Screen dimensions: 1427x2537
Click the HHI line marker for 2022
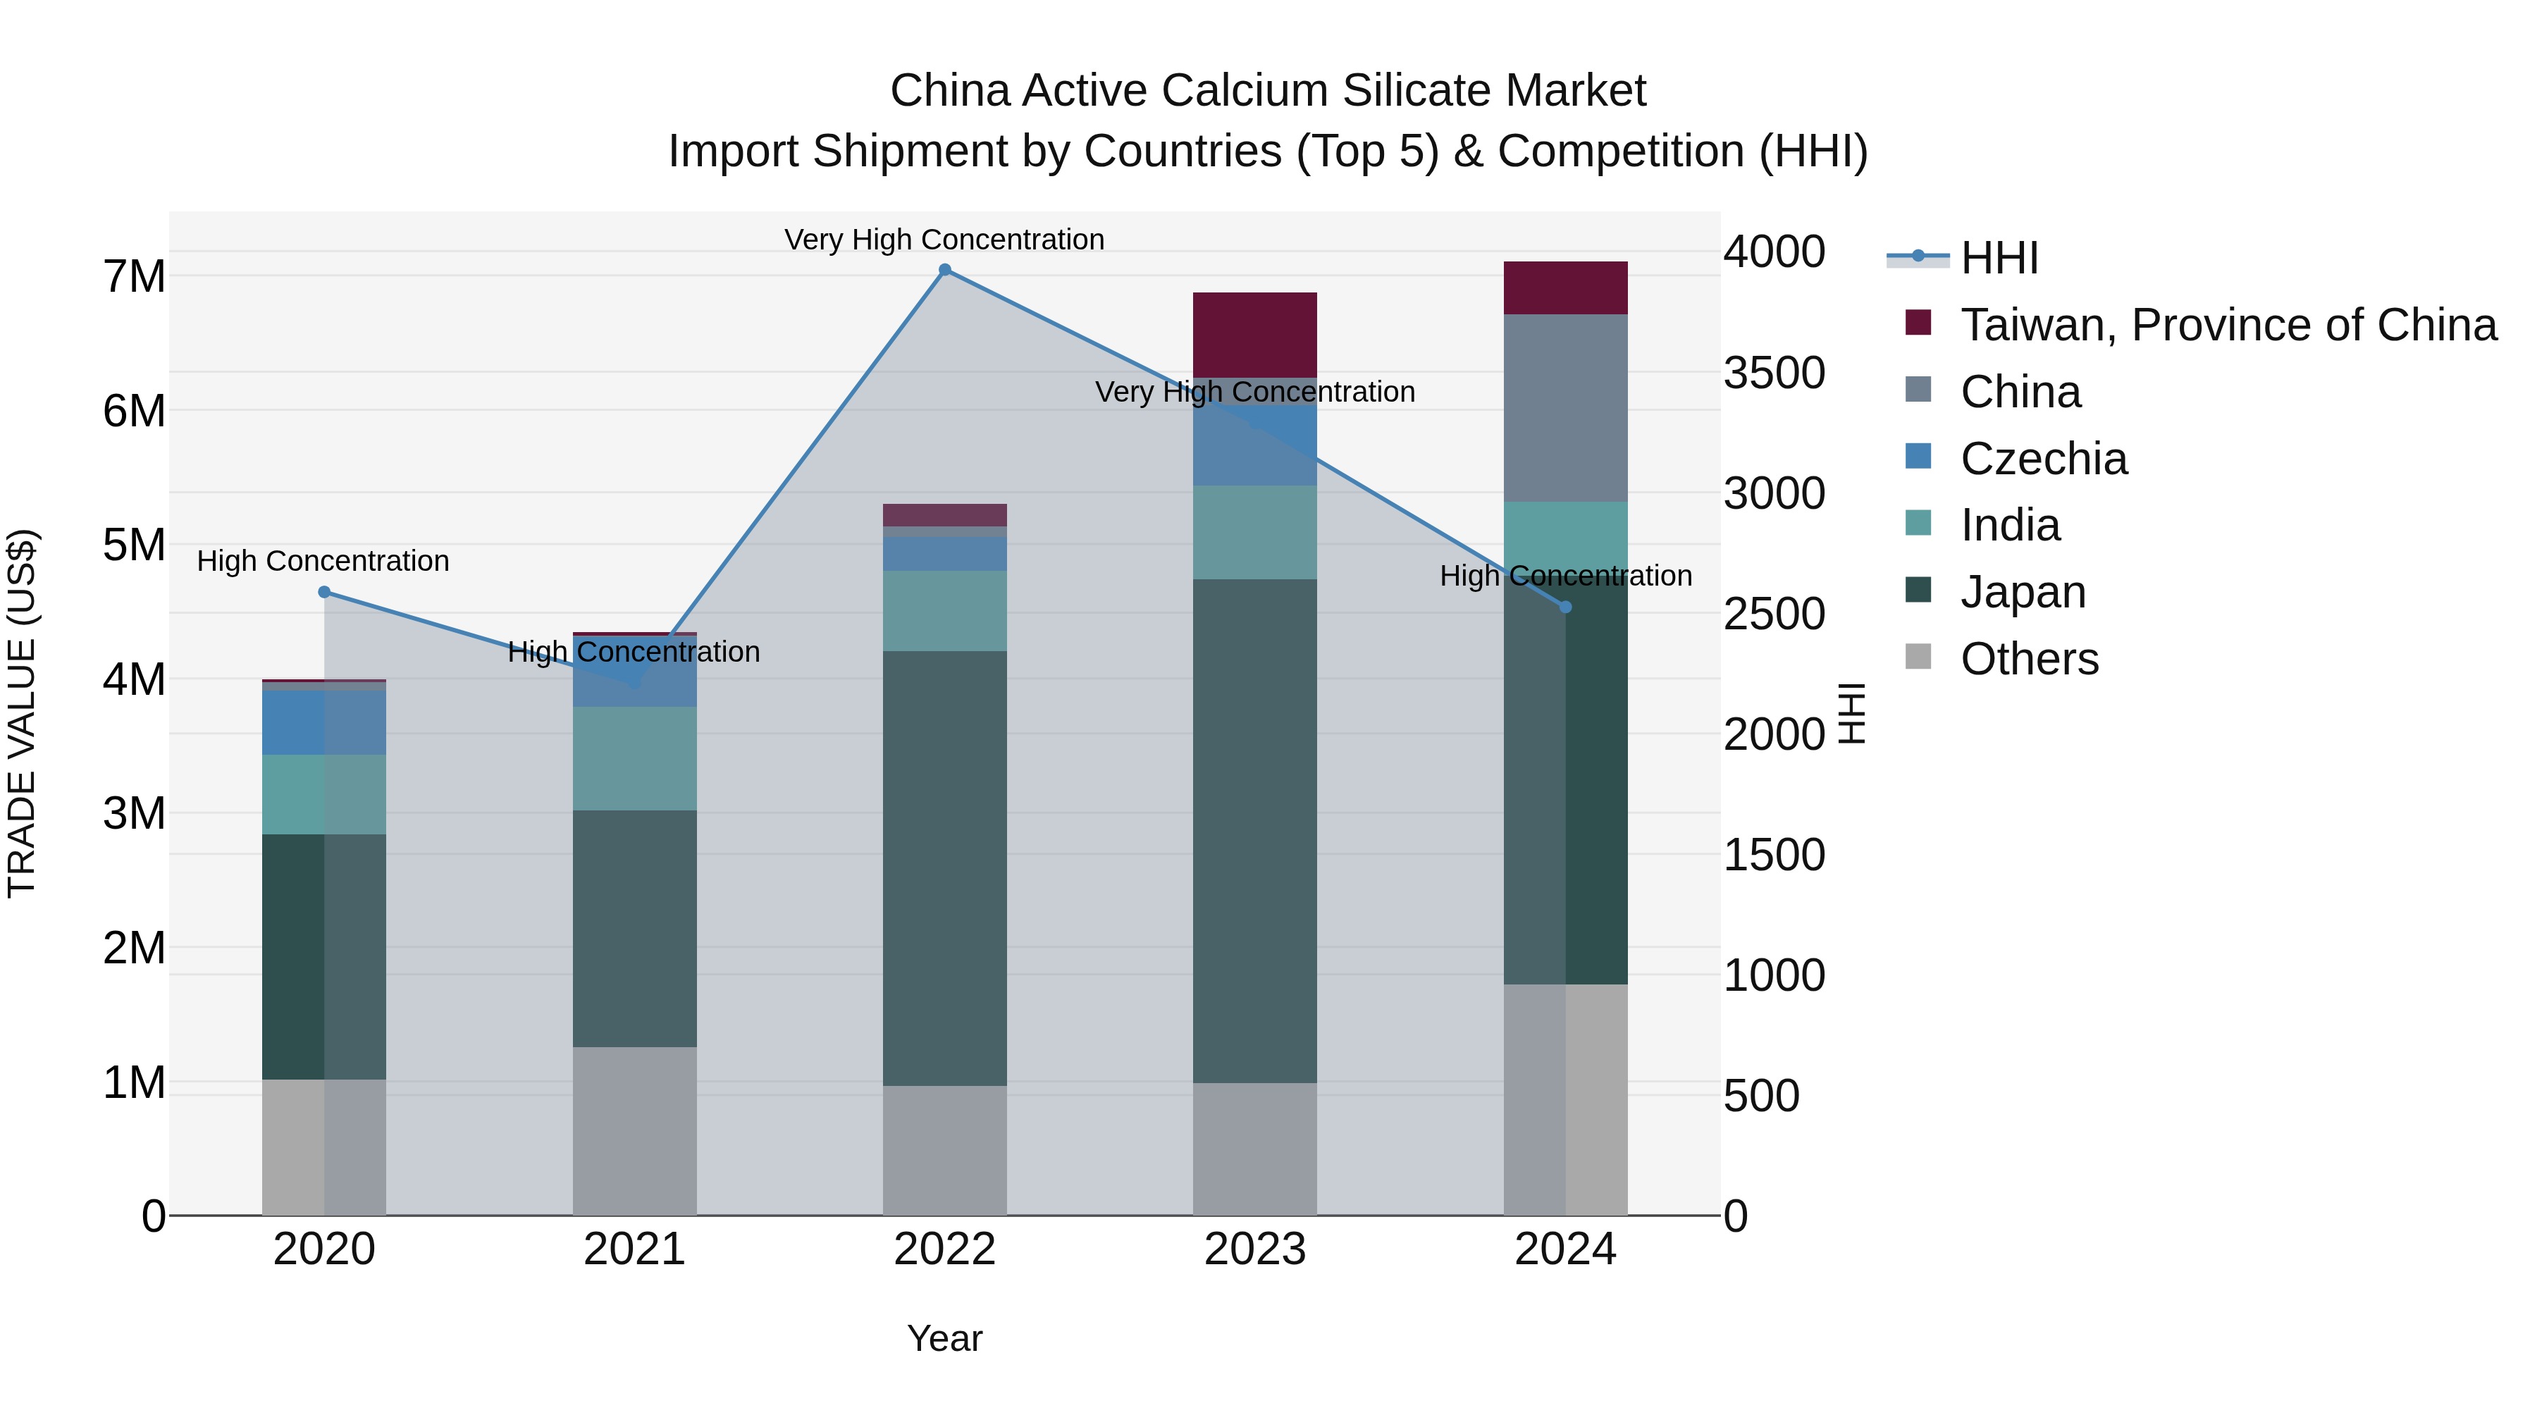[x=944, y=270]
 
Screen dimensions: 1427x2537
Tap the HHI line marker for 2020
[x=324, y=592]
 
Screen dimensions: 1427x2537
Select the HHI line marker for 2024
[x=1566, y=607]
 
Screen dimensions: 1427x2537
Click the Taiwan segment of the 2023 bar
[x=1254, y=335]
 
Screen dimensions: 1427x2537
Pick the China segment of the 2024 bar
[x=1566, y=408]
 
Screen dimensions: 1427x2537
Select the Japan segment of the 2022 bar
[x=944, y=867]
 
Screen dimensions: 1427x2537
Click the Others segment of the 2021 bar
[x=634, y=1130]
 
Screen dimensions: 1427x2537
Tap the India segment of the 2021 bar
[x=634, y=758]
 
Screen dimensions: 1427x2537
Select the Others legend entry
[x=2029, y=659]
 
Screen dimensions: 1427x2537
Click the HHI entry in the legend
[x=1999, y=258]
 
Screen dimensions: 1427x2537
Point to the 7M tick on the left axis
[x=135, y=277]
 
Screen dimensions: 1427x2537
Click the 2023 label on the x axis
[x=1254, y=1249]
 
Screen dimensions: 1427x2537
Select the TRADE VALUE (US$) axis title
[x=22, y=713]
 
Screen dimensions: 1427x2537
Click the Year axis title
[x=944, y=1338]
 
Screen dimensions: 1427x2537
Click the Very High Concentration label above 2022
[x=944, y=240]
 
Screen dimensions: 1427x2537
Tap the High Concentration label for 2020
[x=323, y=562]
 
